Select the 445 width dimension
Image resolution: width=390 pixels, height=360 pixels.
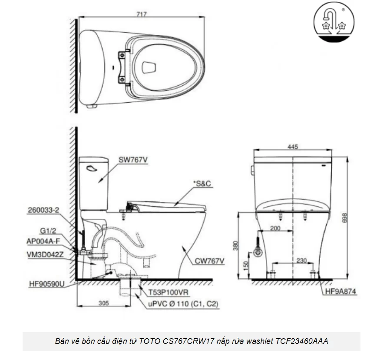point(293,147)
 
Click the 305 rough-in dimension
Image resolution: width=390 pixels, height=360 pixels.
point(103,304)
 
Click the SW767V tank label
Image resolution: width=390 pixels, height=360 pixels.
point(133,160)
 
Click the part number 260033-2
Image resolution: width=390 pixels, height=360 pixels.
point(43,209)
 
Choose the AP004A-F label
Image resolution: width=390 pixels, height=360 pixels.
point(43,240)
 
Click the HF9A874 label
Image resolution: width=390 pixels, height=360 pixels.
point(338,292)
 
